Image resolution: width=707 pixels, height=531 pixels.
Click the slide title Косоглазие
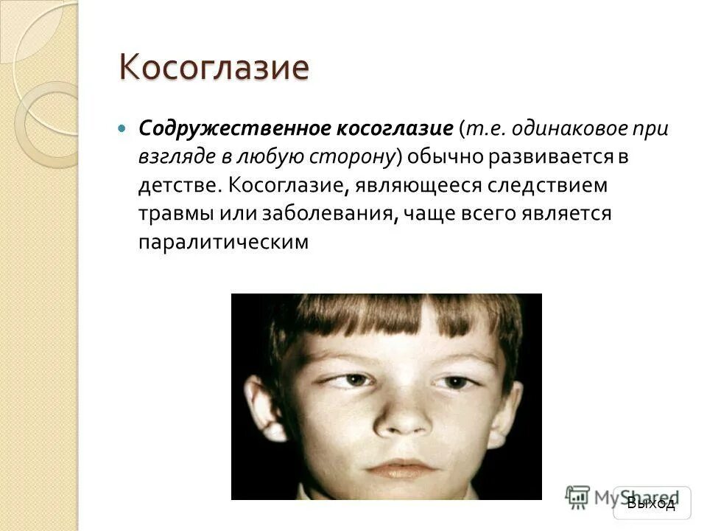(x=214, y=68)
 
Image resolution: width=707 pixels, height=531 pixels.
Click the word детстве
(x=177, y=184)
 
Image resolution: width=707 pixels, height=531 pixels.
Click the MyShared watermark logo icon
(x=579, y=496)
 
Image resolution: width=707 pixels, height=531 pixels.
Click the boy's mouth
(x=404, y=468)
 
